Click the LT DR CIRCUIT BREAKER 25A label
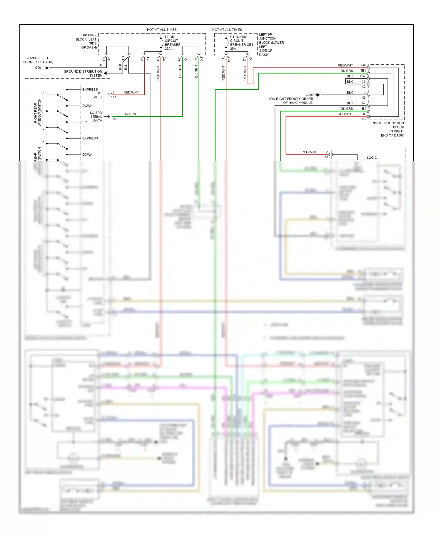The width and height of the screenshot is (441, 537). (172, 43)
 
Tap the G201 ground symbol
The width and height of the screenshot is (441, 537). (46, 68)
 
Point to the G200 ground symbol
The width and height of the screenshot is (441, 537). (318, 95)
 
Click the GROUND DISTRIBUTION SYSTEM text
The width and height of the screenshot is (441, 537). (83, 73)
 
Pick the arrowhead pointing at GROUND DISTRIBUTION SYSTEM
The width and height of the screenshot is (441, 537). (105, 73)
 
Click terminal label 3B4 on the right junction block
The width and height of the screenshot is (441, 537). (363, 65)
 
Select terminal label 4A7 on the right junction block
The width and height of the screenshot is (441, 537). (363, 76)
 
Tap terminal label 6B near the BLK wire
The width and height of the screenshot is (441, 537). (363, 82)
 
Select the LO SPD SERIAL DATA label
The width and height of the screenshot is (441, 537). (96, 117)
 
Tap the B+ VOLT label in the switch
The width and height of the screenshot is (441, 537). (98, 95)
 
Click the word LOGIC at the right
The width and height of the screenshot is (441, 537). (372, 158)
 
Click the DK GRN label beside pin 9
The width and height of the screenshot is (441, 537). (130, 114)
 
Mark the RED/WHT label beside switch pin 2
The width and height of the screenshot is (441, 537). (131, 92)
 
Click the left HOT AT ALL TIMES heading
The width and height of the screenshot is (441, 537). (162, 30)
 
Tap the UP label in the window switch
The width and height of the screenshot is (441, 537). (85, 122)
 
